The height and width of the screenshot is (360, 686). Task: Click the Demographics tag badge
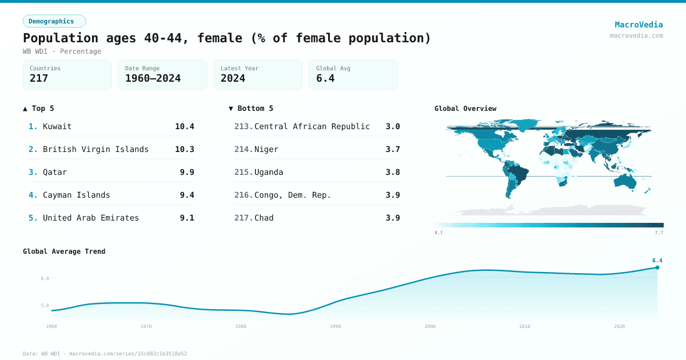pos(54,21)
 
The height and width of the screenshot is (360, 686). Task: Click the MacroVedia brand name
pos(639,25)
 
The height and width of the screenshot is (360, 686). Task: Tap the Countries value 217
pos(39,78)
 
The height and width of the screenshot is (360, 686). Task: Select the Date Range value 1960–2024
pos(153,78)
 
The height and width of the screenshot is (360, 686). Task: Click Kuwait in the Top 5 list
pos(57,126)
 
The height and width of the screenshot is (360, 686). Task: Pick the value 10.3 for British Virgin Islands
pos(184,149)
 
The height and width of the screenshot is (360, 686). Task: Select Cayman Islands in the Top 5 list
pos(76,195)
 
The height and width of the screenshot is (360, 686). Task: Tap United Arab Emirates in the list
pos(90,218)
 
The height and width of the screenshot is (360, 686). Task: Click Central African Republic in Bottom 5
pos(312,126)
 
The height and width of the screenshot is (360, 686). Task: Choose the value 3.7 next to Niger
pos(393,149)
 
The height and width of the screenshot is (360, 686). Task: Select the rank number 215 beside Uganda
pos(244,172)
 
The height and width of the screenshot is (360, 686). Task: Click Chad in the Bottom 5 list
pos(264,218)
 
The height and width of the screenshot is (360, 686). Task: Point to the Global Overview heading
pos(465,109)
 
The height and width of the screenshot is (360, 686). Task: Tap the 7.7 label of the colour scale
pos(659,233)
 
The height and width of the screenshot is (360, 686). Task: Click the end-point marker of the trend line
pos(657,267)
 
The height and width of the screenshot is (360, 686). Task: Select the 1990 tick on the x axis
pos(336,326)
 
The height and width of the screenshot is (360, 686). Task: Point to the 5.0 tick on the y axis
pos(45,306)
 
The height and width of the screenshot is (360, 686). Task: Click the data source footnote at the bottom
pos(105,354)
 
